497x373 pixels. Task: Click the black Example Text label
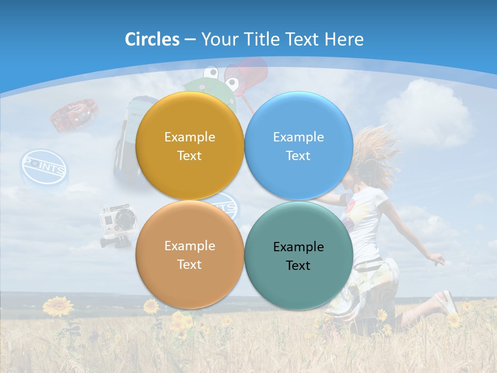click(298, 256)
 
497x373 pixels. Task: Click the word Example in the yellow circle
click(189, 137)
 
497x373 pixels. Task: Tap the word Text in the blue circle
click(298, 155)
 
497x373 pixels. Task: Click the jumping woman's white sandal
click(449, 303)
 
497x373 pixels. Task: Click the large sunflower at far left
click(58, 307)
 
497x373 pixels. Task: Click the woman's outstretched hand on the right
click(437, 259)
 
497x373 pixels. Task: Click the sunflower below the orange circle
click(151, 306)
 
